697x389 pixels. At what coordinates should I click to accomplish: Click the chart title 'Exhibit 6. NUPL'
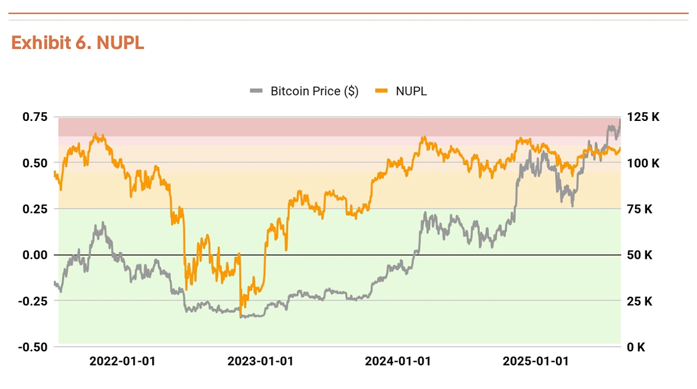[x=78, y=43]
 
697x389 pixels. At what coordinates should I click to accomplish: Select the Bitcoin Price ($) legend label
[x=314, y=91]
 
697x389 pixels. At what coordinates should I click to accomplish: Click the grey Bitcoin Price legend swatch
[x=257, y=91]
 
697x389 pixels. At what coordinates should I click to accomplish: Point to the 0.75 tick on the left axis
[x=35, y=117]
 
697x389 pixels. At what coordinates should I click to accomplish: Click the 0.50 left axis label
[x=35, y=163]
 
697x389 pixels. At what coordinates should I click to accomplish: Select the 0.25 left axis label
[x=35, y=209]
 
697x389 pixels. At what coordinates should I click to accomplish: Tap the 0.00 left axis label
[x=35, y=255]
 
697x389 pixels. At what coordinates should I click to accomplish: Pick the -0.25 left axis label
[x=33, y=301]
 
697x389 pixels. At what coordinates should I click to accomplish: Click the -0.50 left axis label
[x=33, y=347]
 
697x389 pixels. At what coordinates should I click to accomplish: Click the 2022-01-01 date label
[x=123, y=362]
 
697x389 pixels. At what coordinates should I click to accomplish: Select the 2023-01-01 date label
[x=260, y=362]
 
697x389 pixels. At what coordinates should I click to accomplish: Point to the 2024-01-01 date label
[x=398, y=362]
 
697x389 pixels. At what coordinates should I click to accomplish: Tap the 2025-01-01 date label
[x=536, y=362]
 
